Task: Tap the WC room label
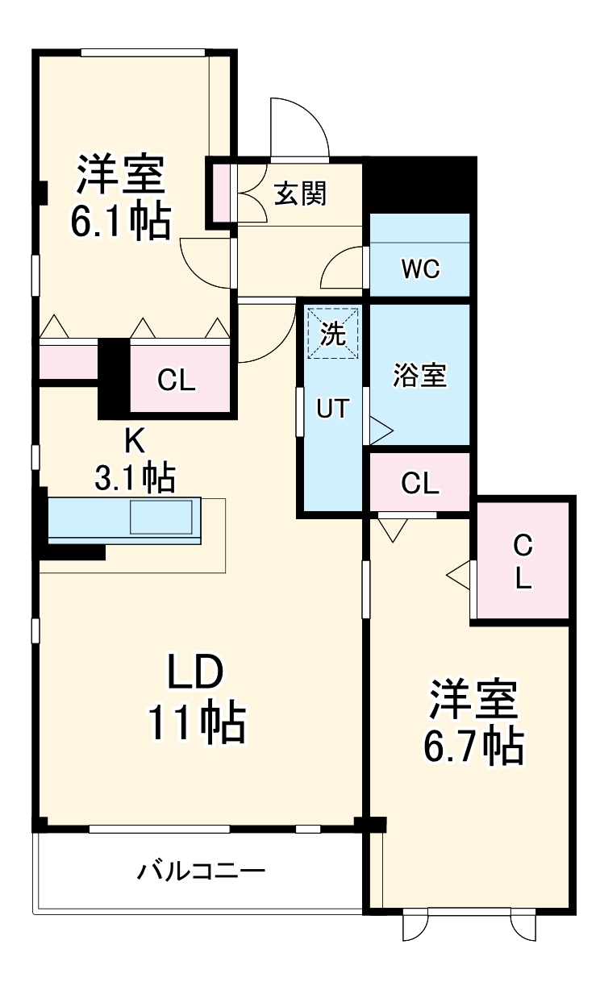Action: (420, 269)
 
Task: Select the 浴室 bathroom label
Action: (419, 375)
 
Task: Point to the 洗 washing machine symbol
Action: (334, 332)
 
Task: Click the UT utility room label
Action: (332, 410)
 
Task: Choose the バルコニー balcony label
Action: (201, 872)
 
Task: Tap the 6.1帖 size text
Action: (121, 223)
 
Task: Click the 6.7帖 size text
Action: (473, 747)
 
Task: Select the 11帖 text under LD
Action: (196, 722)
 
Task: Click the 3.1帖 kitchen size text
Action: (135, 478)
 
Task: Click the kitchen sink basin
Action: (162, 517)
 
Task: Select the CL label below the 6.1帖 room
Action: (176, 380)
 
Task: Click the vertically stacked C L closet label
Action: (523, 562)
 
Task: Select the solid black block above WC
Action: (419, 183)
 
